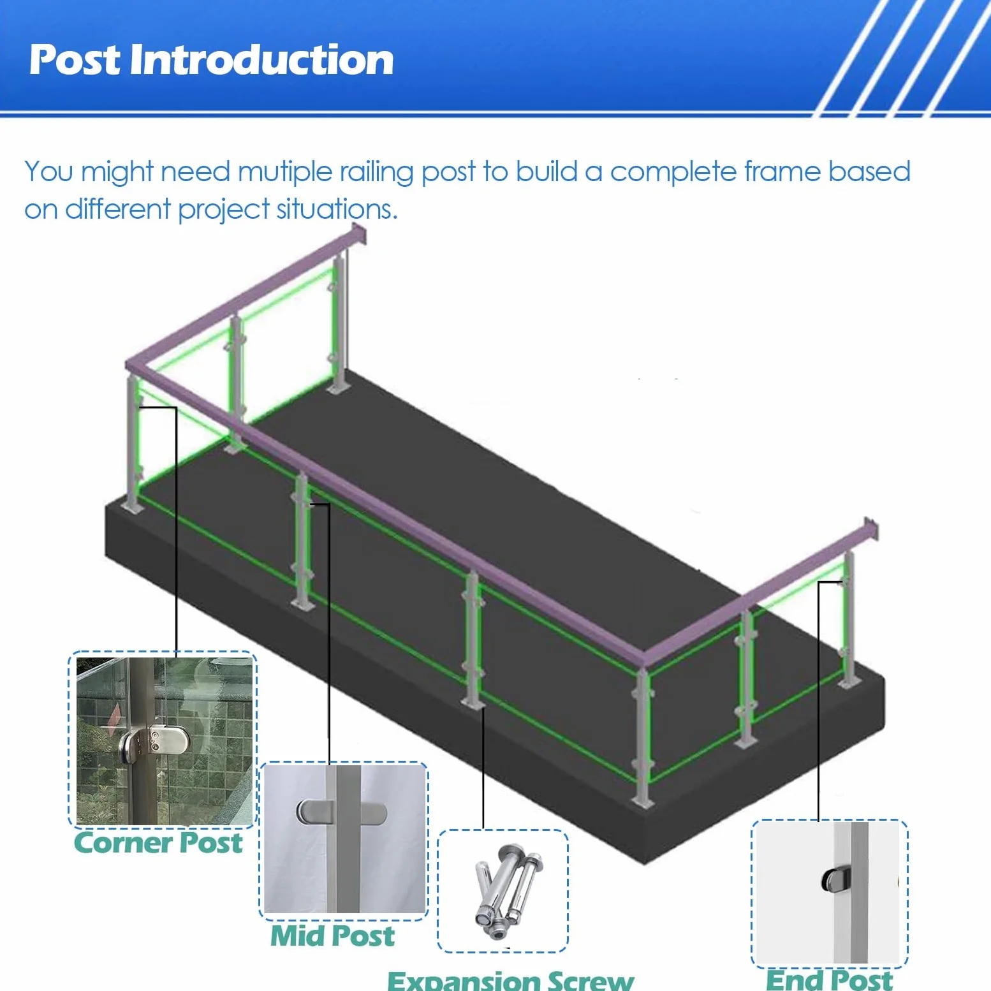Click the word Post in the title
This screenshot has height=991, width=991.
75,60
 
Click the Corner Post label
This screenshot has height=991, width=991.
158,842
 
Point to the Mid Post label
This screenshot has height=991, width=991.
332,936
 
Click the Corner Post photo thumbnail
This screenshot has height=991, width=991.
164,740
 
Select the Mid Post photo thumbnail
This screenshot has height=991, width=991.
344,839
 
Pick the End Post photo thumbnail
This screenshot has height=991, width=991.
829,892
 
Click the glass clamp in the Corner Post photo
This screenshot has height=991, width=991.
145,743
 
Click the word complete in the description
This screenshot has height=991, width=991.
673,173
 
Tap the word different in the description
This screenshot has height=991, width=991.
118,209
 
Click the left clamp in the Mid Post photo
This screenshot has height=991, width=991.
314,812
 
